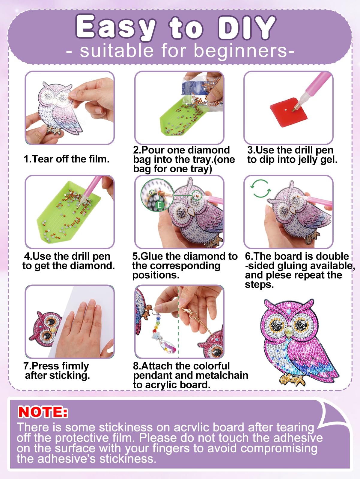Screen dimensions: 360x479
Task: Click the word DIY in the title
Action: click(x=247, y=28)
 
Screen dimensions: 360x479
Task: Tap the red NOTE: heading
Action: click(x=43, y=412)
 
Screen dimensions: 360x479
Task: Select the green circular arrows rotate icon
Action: click(x=260, y=188)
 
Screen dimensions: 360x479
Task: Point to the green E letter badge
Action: click(x=160, y=205)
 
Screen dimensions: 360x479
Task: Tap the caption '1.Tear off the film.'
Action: click(x=67, y=159)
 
